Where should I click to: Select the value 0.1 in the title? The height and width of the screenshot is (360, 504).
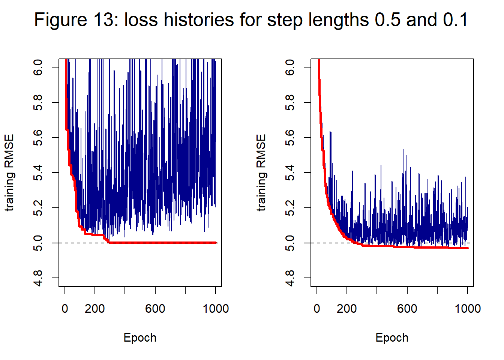(455, 19)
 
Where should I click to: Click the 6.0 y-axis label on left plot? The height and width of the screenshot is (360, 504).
(38, 67)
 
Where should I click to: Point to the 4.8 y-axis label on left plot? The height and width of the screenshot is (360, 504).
(38, 278)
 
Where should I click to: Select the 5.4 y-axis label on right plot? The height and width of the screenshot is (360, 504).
(290, 172)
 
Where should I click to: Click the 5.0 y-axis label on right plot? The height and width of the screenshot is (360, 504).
(290, 243)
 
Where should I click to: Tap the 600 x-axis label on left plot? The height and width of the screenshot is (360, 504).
(155, 309)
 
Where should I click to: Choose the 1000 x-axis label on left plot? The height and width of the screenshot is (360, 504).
(216, 309)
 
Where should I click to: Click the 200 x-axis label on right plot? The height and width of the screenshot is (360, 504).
(347, 309)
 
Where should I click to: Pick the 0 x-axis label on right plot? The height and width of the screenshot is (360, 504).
(317, 309)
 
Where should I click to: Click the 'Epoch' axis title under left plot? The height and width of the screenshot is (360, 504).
(140, 337)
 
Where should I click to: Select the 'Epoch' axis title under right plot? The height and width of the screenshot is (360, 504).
(392, 337)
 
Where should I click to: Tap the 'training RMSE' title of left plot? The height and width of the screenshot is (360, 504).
(9, 172)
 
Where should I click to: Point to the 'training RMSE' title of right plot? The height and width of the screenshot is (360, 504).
(261, 172)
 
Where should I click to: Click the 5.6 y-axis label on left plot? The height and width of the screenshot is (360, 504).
(38, 138)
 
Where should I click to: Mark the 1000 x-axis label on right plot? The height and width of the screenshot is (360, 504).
(468, 309)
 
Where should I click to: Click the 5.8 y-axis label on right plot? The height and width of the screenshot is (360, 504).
(290, 102)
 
